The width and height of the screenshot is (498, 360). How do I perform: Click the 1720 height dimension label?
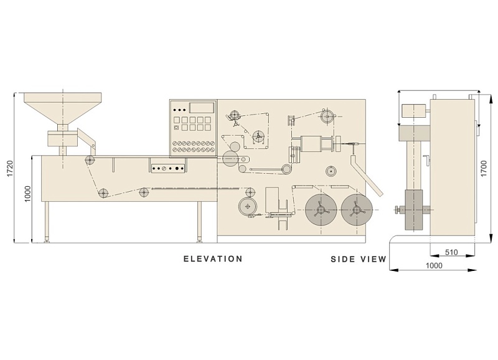(x=10, y=169)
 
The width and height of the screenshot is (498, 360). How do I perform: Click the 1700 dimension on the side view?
(x=484, y=169)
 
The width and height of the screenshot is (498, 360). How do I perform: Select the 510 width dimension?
(x=451, y=252)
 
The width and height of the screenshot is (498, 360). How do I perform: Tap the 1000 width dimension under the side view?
(x=434, y=265)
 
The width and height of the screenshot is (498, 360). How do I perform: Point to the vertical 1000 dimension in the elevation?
(x=27, y=194)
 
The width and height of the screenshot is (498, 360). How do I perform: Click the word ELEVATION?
(x=213, y=258)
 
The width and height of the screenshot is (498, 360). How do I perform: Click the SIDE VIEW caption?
(x=359, y=259)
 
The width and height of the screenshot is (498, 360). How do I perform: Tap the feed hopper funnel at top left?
(x=63, y=108)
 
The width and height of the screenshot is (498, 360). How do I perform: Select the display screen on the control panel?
(x=202, y=107)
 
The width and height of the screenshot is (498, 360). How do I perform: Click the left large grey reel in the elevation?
(x=321, y=209)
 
